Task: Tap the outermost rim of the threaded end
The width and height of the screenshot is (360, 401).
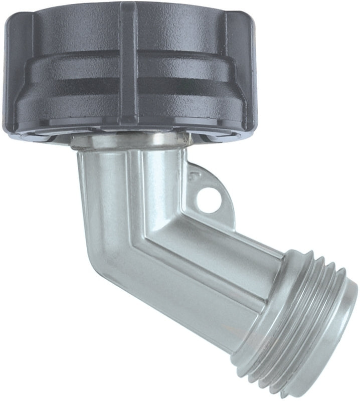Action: pyautogui.click(x=346, y=321)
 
